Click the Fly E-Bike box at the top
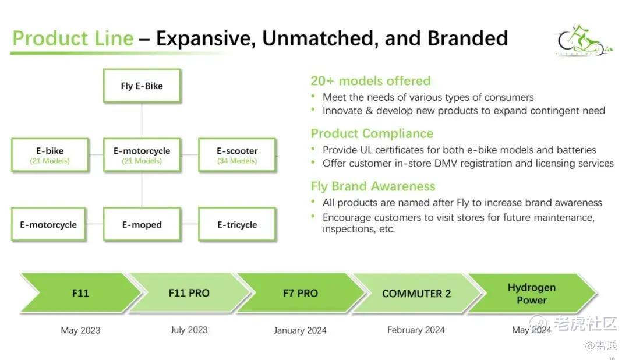coord(142,86)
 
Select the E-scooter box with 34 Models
coord(236,155)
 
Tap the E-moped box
coord(142,224)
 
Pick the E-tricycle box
coord(236,224)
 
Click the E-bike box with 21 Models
coord(50,155)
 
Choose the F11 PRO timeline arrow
coord(189,293)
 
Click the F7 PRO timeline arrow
coord(300,293)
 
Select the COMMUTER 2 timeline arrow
coord(416,293)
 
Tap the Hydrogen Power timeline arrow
coord(531,293)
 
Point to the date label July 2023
coord(189,330)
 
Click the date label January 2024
coord(300,330)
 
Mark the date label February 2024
coord(416,330)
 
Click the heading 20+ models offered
coord(370,81)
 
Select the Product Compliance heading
coord(372,133)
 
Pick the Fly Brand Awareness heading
coord(373,186)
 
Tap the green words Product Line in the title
coord(73,38)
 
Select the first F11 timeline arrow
coord(80,293)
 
